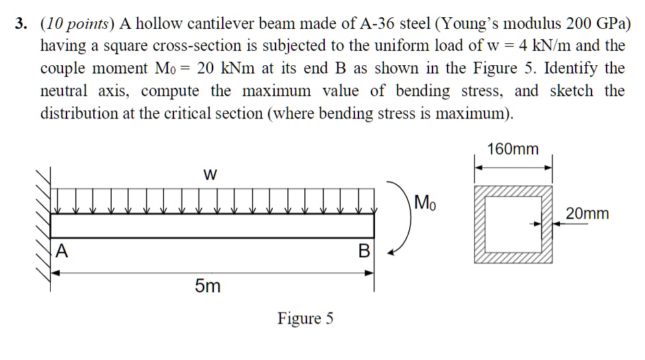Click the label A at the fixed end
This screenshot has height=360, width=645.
pyautogui.click(x=62, y=252)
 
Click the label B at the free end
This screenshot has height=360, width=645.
pyautogui.click(x=364, y=252)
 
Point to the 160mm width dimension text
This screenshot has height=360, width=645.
pyautogui.click(x=513, y=149)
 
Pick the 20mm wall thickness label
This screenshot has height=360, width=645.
pyautogui.click(x=587, y=214)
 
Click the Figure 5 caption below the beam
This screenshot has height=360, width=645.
pyautogui.click(x=305, y=318)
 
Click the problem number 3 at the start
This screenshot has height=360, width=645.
pyautogui.click(x=22, y=25)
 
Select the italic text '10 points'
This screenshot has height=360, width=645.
pyautogui.click(x=77, y=25)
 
